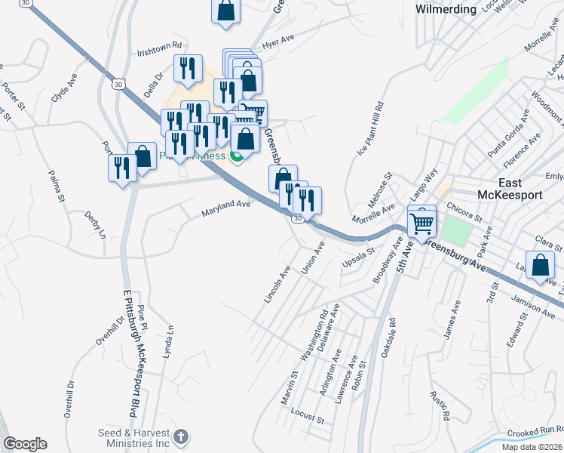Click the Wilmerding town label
click(x=446, y=9)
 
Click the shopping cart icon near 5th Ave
click(x=422, y=221)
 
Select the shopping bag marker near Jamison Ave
click(x=541, y=267)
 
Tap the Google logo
click(x=24, y=443)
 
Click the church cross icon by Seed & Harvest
click(x=180, y=436)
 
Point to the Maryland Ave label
click(x=225, y=208)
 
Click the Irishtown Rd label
click(x=160, y=51)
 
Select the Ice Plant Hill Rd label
click(x=369, y=129)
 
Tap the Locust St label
click(x=307, y=416)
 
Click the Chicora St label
click(x=465, y=211)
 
